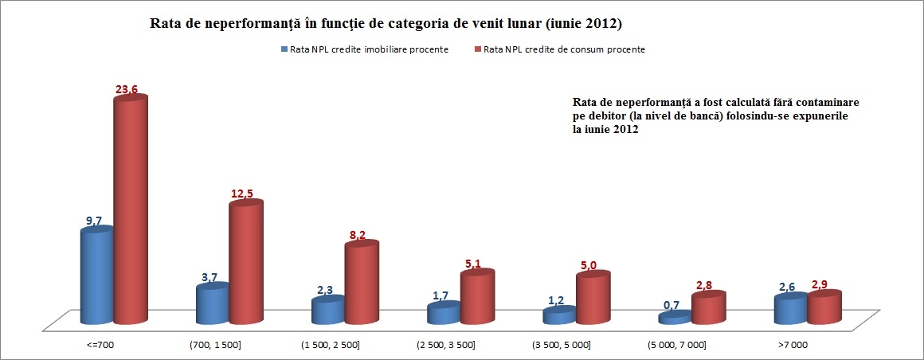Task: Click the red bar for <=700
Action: click(131, 211)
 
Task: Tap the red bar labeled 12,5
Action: click(246, 263)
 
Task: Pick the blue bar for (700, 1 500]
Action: click(212, 305)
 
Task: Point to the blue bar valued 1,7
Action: click(443, 313)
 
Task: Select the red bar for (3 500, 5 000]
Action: click(593, 299)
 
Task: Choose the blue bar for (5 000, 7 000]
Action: click(675, 317)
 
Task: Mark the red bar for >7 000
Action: click(824, 308)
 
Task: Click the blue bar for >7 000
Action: click(790, 310)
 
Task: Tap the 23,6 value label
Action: click(127, 90)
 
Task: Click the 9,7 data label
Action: click(94, 221)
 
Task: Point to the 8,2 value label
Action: click(359, 237)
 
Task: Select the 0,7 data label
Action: click(671, 305)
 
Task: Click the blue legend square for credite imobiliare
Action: click(284, 49)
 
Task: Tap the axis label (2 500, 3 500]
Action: click(445, 345)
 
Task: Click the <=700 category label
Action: click(100, 345)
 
